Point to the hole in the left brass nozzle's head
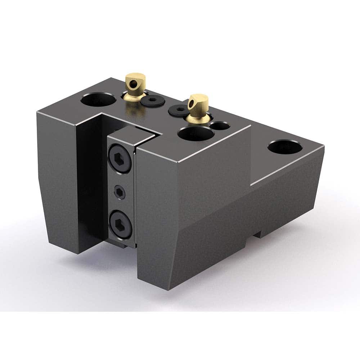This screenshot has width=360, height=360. pos(133,84)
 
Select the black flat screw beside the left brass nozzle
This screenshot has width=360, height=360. pos(150,102)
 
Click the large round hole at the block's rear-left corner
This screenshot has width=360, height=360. pos(98,99)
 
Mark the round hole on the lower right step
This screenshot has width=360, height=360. pos(283,147)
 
